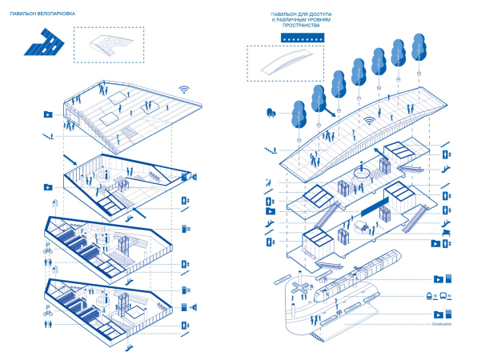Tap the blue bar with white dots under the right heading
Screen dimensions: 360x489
300,38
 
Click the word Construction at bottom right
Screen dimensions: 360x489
441,325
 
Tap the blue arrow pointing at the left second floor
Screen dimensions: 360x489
70,150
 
